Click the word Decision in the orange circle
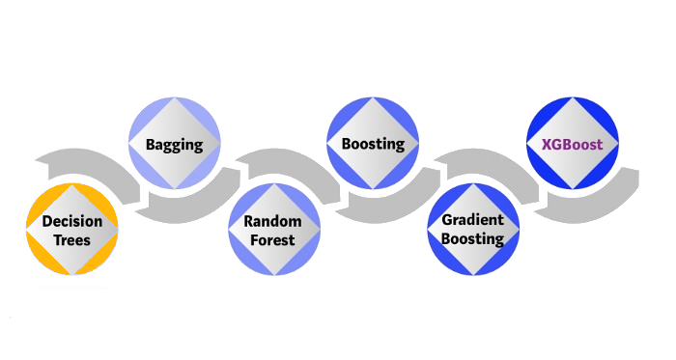tap(72, 221)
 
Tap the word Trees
tap(72, 240)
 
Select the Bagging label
tap(174, 145)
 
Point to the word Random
tap(272, 221)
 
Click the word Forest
tap(272, 240)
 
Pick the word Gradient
tap(473, 220)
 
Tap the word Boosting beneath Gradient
tap(473, 239)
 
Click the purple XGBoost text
tap(572, 144)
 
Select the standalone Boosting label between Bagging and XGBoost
tap(374, 144)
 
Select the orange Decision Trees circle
tap(72, 230)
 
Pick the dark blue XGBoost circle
tap(573, 143)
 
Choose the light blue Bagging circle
tap(175, 143)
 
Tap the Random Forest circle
tap(274, 230)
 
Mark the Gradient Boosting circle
tap(473, 230)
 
